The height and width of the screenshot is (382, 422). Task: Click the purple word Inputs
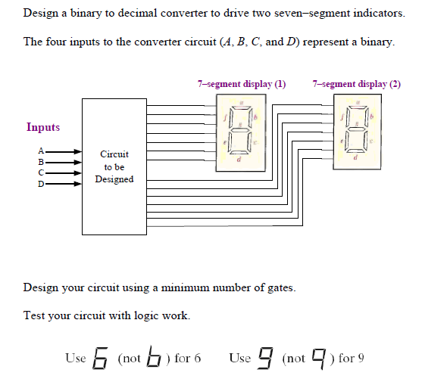tap(43, 127)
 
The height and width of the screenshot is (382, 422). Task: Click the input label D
tap(42, 183)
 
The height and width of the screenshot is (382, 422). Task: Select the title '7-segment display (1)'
tap(241, 84)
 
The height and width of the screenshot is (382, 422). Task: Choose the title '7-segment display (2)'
tap(356, 84)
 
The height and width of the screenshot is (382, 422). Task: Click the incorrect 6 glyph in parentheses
tap(154, 357)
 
